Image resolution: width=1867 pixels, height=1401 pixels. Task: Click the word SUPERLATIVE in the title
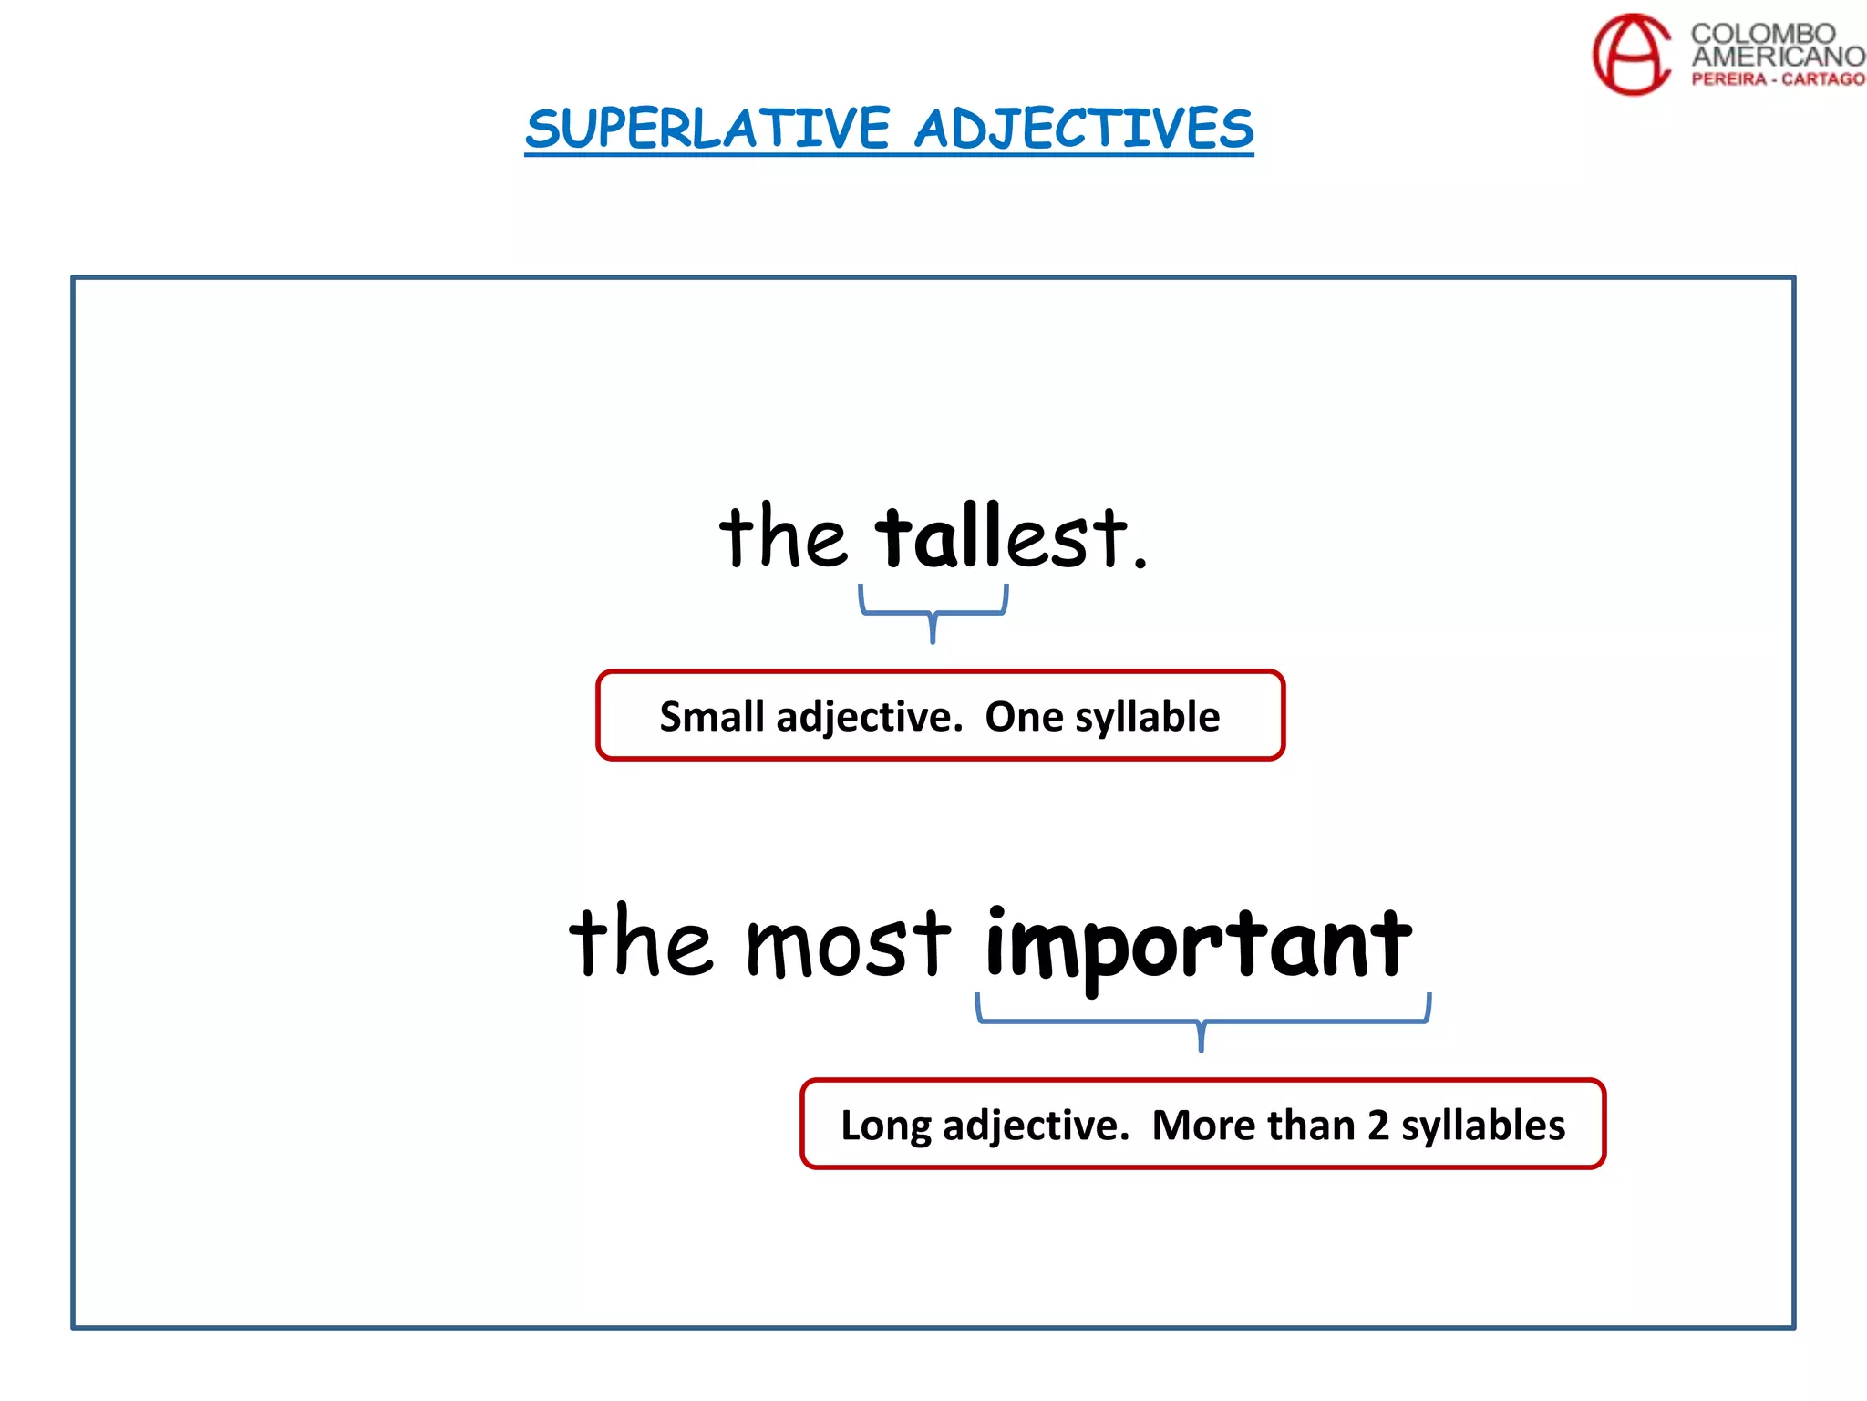point(707,129)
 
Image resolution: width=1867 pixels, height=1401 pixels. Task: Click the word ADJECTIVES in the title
point(1084,129)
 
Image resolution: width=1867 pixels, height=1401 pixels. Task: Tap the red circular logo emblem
point(1632,54)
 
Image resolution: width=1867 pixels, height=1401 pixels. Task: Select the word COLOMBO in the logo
point(1763,34)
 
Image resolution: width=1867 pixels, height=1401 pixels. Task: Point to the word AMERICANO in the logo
point(1778,57)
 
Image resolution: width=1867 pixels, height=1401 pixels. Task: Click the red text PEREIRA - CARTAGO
point(1778,79)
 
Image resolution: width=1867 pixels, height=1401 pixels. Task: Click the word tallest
point(1003,537)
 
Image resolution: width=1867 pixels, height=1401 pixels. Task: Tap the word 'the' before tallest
point(782,537)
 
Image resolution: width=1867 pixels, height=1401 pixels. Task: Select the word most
point(848,944)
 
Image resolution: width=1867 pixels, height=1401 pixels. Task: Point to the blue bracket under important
point(1202,1021)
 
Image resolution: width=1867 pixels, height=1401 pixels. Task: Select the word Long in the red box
point(885,1126)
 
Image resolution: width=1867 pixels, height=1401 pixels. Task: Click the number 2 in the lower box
point(1377,1126)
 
